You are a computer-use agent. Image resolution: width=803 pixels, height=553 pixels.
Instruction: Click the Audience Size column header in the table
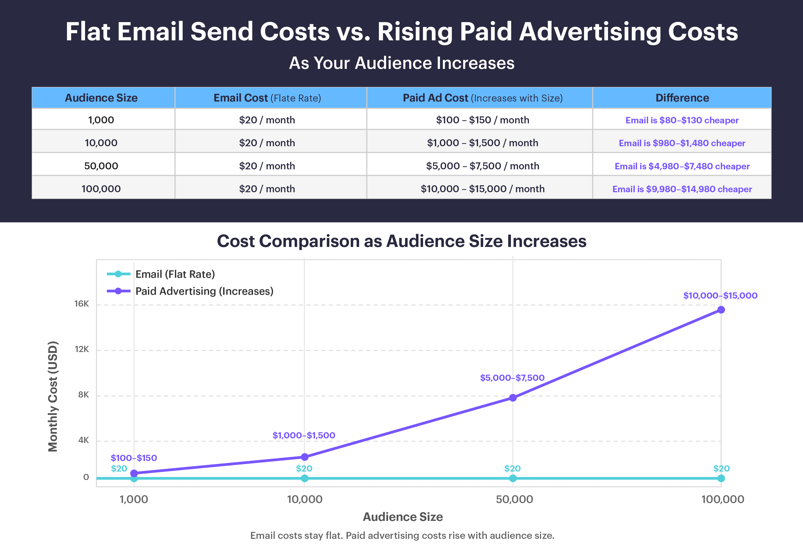(x=101, y=98)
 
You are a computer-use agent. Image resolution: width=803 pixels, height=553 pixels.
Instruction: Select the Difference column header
(x=682, y=98)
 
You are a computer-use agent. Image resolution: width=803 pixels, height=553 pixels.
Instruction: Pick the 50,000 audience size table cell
(x=101, y=166)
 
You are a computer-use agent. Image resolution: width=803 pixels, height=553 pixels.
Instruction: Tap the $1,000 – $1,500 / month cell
(x=482, y=143)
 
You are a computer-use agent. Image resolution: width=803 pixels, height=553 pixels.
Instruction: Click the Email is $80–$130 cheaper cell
(x=682, y=120)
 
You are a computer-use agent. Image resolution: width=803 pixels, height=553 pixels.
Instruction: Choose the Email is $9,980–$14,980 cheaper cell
(x=682, y=189)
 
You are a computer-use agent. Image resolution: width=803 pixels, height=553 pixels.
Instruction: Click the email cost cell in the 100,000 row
(x=267, y=189)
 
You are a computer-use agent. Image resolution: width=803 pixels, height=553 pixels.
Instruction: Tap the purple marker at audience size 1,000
(x=134, y=473)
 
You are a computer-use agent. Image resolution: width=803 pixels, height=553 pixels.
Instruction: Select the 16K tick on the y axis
(x=81, y=304)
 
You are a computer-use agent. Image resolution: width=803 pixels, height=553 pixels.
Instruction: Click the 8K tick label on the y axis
(x=83, y=395)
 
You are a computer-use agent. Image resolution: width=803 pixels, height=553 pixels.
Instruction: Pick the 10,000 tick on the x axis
(x=304, y=499)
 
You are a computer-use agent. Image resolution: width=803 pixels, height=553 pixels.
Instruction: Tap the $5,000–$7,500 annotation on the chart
(x=512, y=378)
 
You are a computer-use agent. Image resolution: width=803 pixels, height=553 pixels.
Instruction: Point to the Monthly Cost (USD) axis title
(x=53, y=397)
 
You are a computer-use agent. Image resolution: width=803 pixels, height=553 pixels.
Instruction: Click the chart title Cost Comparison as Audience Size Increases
(x=401, y=241)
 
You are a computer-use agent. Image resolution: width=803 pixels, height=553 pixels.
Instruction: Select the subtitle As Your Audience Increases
(x=401, y=63)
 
